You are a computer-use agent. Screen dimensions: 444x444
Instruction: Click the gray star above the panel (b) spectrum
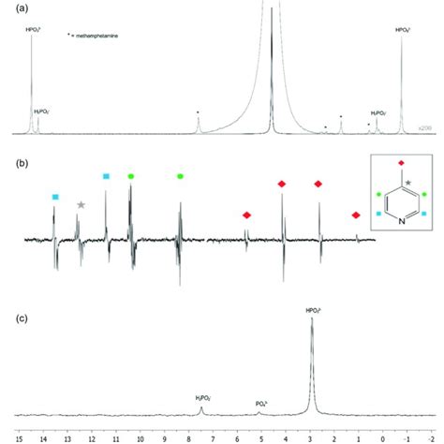pyautogui.click(x=81, y=205)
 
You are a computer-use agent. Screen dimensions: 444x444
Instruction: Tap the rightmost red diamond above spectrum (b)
pyautogui.click(x=355, y=215)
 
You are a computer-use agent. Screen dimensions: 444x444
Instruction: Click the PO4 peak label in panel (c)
pyautogui.click(x=263, y=405)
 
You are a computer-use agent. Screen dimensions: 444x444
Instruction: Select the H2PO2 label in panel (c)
pyautogui.click(x=203, y=397)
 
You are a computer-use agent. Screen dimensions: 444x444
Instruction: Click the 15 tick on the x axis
pyautogui.click(x=20, y=437)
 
